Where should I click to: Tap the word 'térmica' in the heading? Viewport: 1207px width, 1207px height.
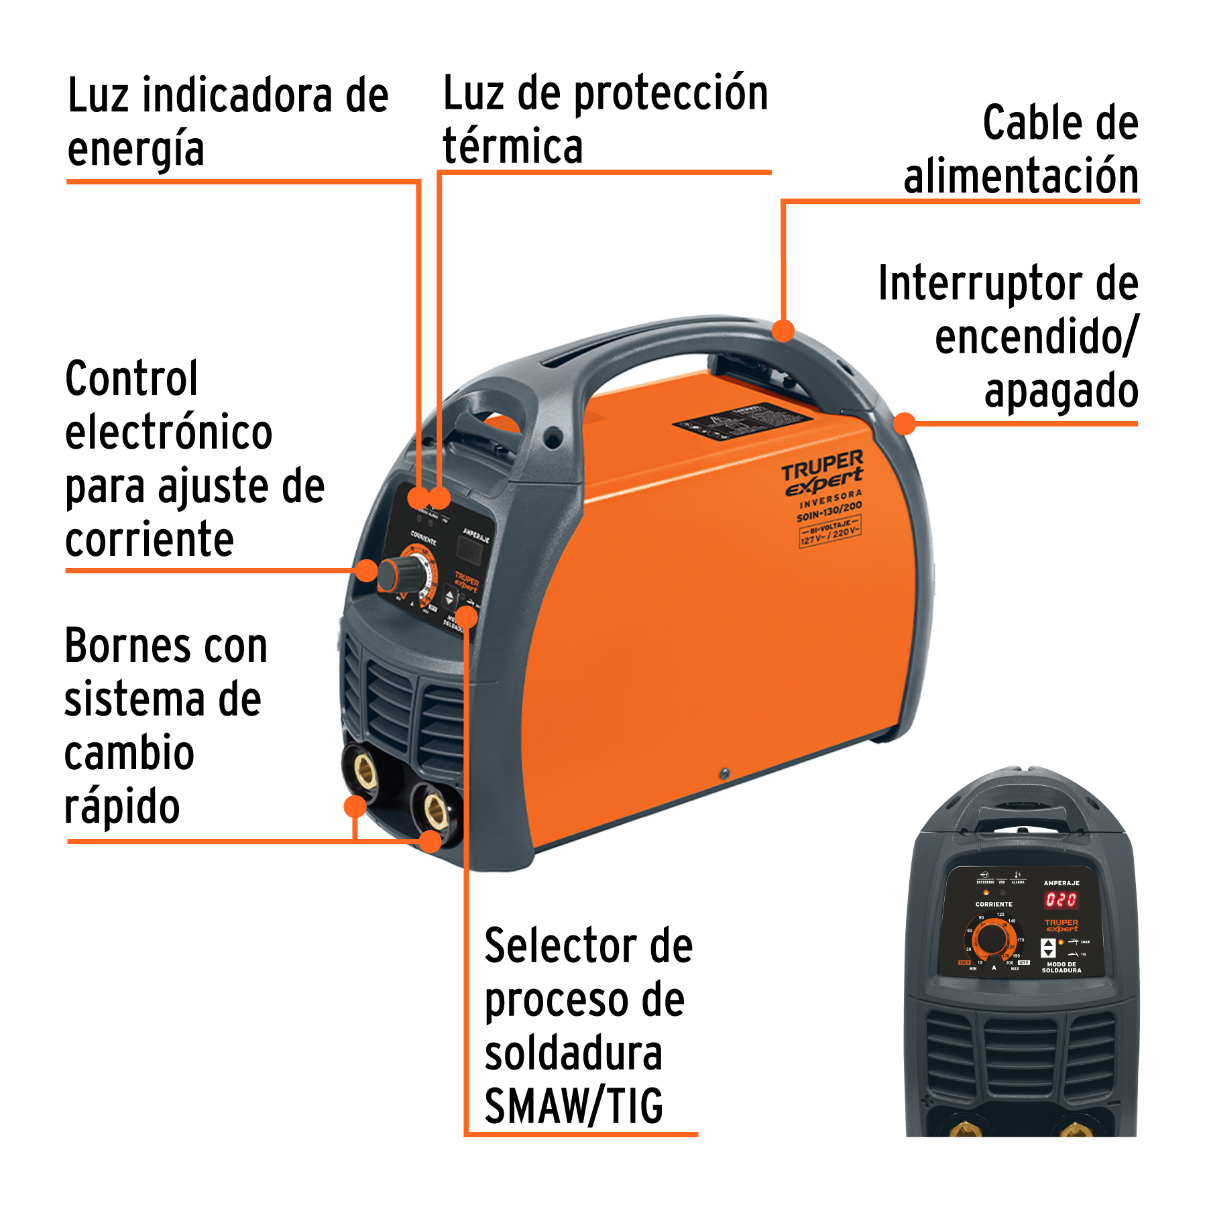[512, 146]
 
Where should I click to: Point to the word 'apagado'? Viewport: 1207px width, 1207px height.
[1061, 391]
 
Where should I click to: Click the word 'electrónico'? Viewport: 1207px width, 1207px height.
[168, 432]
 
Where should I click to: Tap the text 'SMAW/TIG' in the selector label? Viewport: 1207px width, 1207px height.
[574, 1106]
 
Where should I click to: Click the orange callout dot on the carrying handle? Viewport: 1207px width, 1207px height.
[783, 330]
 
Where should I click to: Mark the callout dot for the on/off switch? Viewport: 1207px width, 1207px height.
[905, 423]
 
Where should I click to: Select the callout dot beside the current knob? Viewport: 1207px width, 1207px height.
[366, 571]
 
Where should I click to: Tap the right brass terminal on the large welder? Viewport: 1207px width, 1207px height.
[435, 809]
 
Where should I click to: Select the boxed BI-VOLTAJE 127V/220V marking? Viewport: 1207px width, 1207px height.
[829, 531]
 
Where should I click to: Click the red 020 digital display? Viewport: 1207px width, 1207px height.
[1061, 900]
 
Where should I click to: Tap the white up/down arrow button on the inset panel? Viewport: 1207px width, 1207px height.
[1049, 948]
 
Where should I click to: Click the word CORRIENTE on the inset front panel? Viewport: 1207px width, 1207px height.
[994, 905]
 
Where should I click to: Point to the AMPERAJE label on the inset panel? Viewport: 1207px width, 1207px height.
[1061, 883]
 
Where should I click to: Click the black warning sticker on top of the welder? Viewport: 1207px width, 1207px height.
[743, 420]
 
